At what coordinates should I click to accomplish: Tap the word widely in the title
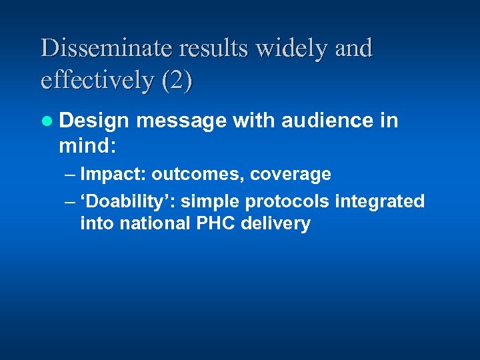coord(289,49)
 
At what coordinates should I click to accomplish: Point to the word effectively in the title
coord(97,81)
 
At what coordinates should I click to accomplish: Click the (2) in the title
coord(177,81)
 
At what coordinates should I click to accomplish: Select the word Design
coord(94,121)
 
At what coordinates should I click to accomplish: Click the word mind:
coord(87,145)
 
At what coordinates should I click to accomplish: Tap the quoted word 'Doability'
coord(127,201)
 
